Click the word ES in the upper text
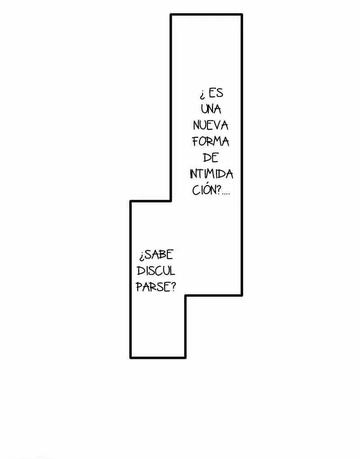pos(216,93)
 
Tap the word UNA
pos(211,109)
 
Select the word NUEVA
pos(211,126)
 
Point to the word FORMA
pos(211,142)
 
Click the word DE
pos(211,158)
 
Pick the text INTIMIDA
pos(211,174)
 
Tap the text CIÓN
pos(203,190)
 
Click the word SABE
pos(159,254)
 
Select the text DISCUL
pos(156,271)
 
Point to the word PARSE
pos(153,287)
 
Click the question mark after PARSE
pos(173,287)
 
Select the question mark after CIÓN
pos(218,190)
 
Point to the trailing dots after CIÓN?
pos(226,194)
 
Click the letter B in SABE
pos(163,254)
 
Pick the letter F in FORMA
pos(196,142)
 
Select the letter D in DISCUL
pos(140,271)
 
